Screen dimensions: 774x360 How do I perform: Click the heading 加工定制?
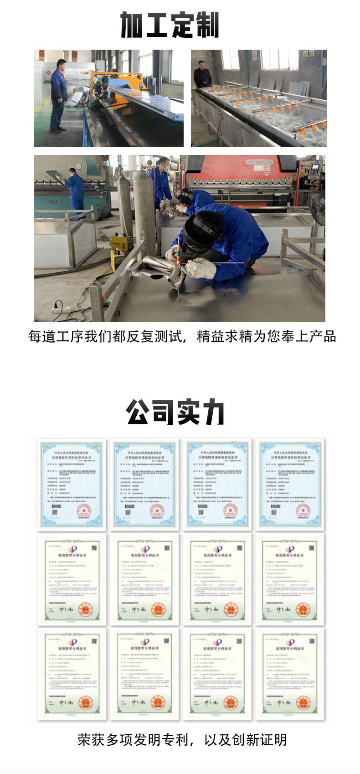[x=170, y=25]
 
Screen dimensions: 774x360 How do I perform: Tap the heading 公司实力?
[x=175, y=412]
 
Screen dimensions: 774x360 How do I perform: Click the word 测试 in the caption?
[x=167, y=337]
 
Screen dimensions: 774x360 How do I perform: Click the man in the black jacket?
[x=202, y=75]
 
